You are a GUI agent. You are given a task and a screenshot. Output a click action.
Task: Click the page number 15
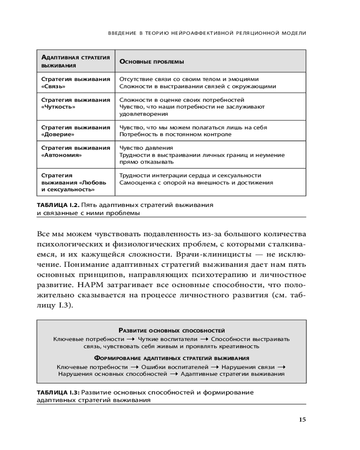302,420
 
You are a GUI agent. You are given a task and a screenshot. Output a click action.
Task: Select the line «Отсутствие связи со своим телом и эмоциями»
189,79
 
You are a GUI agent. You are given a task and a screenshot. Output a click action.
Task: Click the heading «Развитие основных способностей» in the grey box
171,330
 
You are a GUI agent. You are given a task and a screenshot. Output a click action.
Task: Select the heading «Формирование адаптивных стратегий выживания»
171,358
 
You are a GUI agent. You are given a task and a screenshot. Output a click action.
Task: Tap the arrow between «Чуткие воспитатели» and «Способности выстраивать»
204,339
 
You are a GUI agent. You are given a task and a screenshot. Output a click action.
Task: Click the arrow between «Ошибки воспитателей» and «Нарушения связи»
218,367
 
